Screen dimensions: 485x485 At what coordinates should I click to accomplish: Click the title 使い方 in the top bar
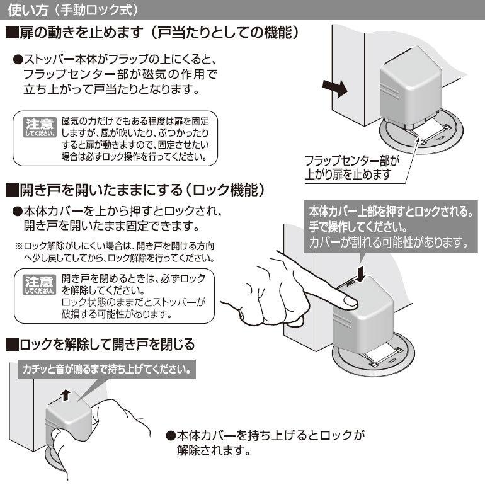(28, 10)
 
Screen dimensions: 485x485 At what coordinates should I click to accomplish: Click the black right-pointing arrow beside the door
(335, 88)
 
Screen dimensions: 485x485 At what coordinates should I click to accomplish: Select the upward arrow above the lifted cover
(66, 396)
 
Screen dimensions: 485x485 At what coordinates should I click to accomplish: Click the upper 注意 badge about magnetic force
(40, 127)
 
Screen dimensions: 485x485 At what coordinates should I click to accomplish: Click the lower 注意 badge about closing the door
(40, 285)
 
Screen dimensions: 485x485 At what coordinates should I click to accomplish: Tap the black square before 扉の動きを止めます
(13, 33)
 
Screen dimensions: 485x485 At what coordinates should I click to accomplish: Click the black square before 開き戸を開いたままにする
(13, 190)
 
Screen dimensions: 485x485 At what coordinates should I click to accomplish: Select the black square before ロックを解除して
(13, 345)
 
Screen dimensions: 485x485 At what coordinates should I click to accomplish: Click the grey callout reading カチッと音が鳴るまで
(106, 369)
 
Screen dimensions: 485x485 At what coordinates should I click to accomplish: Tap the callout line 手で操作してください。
(358, 227)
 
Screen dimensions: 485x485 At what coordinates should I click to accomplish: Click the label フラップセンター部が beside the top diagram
(352, 161)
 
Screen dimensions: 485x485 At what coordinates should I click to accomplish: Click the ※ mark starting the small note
(19, 246)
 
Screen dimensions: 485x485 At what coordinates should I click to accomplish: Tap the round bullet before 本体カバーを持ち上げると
(171, 435)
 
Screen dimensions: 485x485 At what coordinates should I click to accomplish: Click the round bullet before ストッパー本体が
(18, 60)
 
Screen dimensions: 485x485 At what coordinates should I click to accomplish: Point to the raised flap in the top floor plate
(430, 130)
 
